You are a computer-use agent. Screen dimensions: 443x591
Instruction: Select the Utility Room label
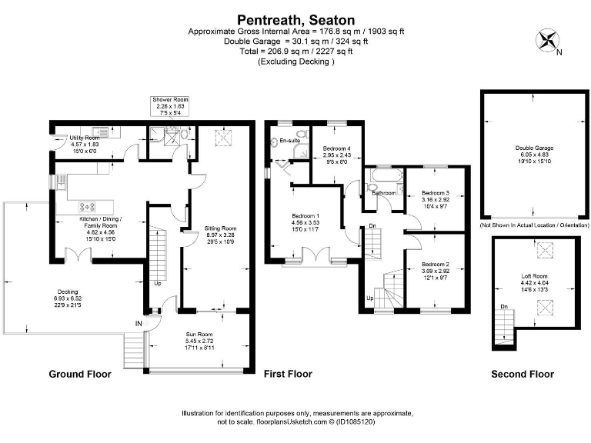click(85, 138)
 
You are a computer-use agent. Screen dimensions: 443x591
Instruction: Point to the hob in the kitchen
click(85, 206)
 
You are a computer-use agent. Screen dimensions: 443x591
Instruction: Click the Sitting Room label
click(220, 228)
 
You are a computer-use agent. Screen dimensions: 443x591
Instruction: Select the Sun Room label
click(199, 334)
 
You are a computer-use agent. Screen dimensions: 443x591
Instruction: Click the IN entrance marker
click(139, 324)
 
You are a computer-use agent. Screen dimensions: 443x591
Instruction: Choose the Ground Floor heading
click(80, 375)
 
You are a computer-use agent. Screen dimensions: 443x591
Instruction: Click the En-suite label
click(289, 141)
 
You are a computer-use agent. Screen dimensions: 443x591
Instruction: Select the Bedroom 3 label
click(435, 193)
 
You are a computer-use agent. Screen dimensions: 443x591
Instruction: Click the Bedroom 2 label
click(435, 263)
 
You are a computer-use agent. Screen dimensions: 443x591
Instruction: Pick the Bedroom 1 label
click(306, 216)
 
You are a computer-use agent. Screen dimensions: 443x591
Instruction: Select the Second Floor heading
click(523, 375)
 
